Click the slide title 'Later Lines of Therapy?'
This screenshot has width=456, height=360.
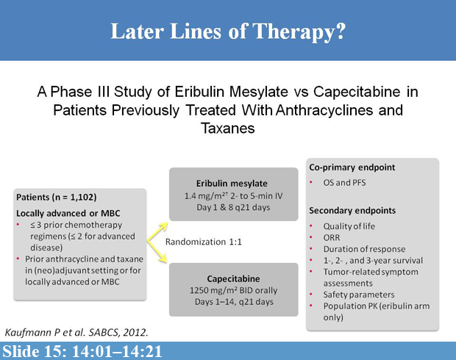pos(227,32)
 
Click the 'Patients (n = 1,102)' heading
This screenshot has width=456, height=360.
pos(57,198)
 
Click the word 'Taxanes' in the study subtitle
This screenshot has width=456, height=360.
pos(227,127)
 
